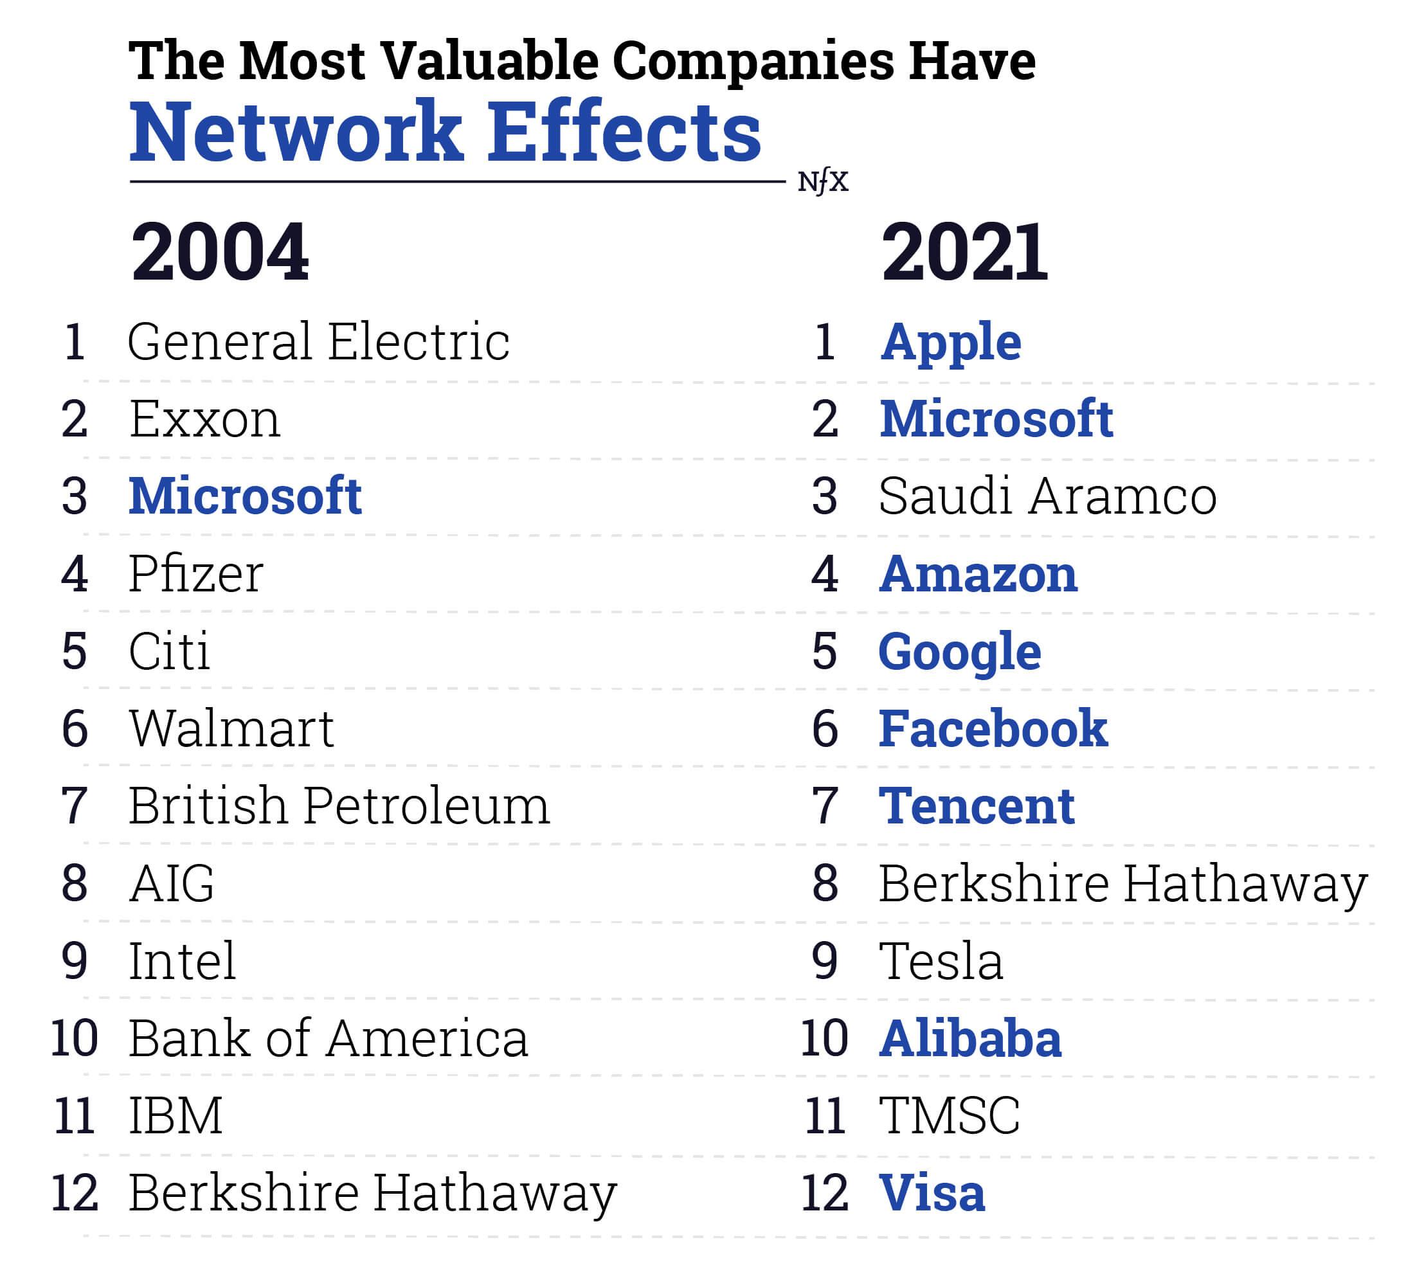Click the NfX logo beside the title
click(x=823, y=182)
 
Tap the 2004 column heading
click(x=219, y=252)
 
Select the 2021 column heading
click(x=964, y=252)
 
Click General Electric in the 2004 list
click(x=318, y=342)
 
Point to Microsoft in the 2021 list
click(x=996, y=419)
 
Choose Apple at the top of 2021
click(x=951, y=342)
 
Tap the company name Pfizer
click(x=196, y=574)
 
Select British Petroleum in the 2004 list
click(x=339, y=806)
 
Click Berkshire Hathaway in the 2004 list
click(x=373, y=1192)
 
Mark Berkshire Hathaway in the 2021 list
click(x=1123, y=883)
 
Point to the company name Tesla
click(x=941, y=960)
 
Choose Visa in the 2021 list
click(x=932, y=1192)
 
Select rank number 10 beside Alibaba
click(x=824, y=1038)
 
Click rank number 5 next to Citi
click(x=75, y=651)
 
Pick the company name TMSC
click(x=949, y=1115)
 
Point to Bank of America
click(x=328, y=1038)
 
